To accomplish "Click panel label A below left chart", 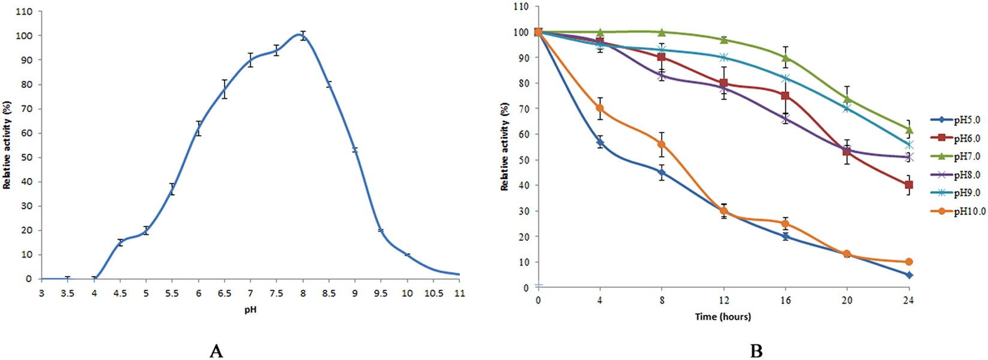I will point(216,351).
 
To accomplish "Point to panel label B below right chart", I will point(757,351).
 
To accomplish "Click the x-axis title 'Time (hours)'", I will point(723,316).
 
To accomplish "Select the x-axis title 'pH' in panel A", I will point(250,310).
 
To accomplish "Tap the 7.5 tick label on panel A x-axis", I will point(276,294).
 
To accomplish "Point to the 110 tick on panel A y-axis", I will point(25,11).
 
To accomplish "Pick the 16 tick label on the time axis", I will point(785,301).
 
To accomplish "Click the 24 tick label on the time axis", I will point(908,301).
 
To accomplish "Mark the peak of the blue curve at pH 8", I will point(303,35).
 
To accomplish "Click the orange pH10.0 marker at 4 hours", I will point(600,108).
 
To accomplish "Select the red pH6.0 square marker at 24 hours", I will point(908,185).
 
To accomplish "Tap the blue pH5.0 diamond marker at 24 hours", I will point(908,275).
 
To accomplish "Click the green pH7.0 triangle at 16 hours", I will point(785,58).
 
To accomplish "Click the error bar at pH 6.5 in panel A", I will point(225,89).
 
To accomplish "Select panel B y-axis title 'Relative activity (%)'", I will point(505,147).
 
